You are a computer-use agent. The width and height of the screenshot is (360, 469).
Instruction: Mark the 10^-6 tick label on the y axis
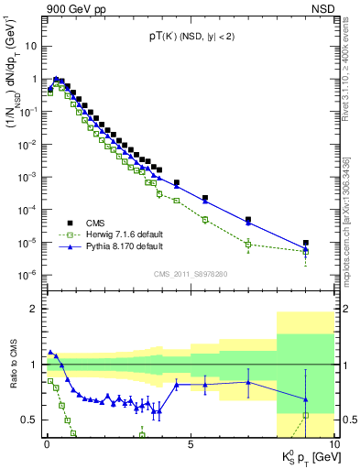(x=27, y=275)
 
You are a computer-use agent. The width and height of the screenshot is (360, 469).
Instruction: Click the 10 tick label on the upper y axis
(x=31, y=45)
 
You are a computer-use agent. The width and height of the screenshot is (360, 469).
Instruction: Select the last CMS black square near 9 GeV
(x=305, y=243)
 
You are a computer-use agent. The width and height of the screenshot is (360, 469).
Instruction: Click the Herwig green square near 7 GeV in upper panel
(x=248, y=244)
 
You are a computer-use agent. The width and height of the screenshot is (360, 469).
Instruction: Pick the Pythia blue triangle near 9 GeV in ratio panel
(x=305, y=399)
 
